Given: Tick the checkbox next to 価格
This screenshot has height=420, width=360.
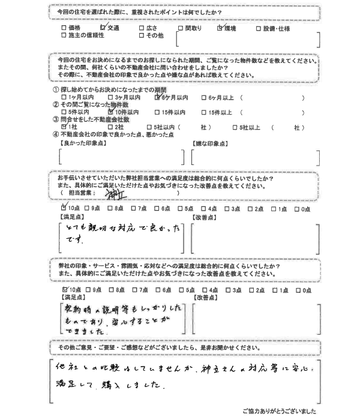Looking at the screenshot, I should click(x=64, y=28).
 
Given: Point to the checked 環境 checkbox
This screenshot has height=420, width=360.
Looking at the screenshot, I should click(x=220, y=28).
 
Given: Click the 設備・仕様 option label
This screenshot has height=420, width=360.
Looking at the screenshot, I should click(x=277, y=28).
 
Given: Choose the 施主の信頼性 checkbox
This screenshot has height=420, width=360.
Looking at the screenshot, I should click(x=64, y=36).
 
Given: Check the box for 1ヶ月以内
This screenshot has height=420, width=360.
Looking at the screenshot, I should click(x=64, y=97).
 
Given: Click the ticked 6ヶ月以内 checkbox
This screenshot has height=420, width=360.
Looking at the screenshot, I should click(x=158, y=97).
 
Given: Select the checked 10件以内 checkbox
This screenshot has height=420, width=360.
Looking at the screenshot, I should click(x=110, y=112).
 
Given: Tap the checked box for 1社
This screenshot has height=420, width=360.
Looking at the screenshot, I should click(x=64, y=127).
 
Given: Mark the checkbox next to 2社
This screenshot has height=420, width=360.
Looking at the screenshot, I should click(x=110, y=128).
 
